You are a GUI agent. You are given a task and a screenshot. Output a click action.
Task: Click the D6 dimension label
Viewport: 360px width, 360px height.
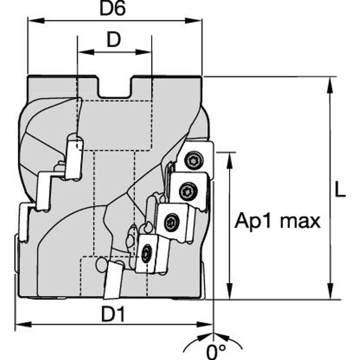coord(113,9)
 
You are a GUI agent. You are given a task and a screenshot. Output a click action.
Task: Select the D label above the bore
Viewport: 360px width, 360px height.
coord(113,40)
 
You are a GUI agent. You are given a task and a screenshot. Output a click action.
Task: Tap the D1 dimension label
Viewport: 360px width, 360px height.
coord(113,314)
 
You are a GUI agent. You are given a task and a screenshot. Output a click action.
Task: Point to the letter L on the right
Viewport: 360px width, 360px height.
coord(340,191)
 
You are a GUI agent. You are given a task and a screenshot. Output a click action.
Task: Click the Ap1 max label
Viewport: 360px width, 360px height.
coord(277,220)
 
